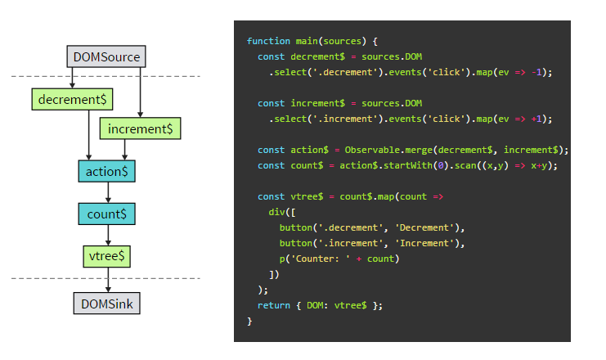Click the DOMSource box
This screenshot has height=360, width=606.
point(106,57)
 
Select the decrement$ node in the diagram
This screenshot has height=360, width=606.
point(73,99)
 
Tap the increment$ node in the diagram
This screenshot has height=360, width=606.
point(139,128)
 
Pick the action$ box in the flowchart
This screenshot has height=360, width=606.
point(106,171)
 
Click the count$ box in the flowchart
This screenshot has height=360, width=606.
point(106,214)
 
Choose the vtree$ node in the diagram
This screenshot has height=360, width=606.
point(107,256)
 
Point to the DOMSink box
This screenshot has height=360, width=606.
point(107,304)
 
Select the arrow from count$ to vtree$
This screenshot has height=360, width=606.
point(107,235)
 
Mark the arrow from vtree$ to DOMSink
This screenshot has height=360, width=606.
point(107,280)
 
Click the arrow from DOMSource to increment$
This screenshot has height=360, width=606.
point(141,92)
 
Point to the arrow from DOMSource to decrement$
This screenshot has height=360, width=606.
point(73,78)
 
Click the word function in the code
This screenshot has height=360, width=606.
point(267,41)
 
